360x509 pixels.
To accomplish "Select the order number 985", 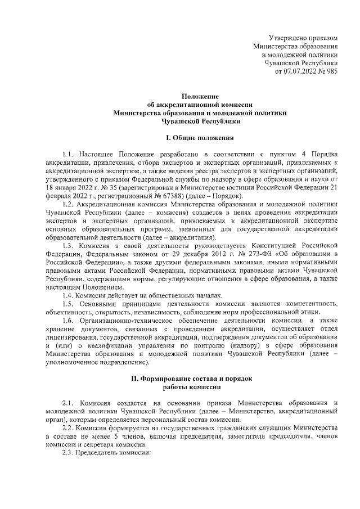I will point(331,71).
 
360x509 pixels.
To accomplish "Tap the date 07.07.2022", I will point(300,71).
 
